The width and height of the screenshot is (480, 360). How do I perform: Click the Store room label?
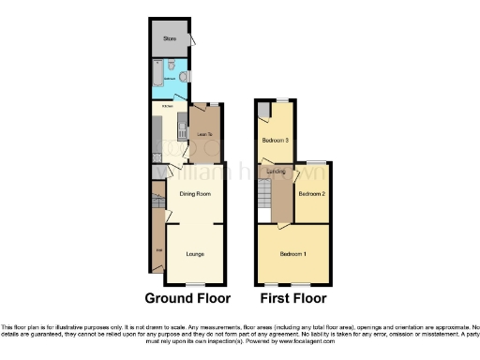[x=170, y=39]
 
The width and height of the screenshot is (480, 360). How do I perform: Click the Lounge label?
[x=194, y=253]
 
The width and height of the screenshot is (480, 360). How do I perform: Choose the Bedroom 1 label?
[x=292, y=254]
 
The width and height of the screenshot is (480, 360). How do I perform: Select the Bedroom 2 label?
[x=311, y=194]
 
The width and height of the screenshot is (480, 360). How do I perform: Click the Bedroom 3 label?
[x=274, y=141]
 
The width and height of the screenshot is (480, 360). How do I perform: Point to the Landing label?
[x=276, y=172]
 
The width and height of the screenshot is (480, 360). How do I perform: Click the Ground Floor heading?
[x=187, y=299]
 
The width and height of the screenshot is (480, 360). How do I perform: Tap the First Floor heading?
[x=292, y=299]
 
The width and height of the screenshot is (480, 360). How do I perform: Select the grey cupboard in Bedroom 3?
[x=263, y=111]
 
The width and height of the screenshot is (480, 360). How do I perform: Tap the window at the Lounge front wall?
[x=194, y=284]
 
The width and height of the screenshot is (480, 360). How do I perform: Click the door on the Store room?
[x=191, y=40]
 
